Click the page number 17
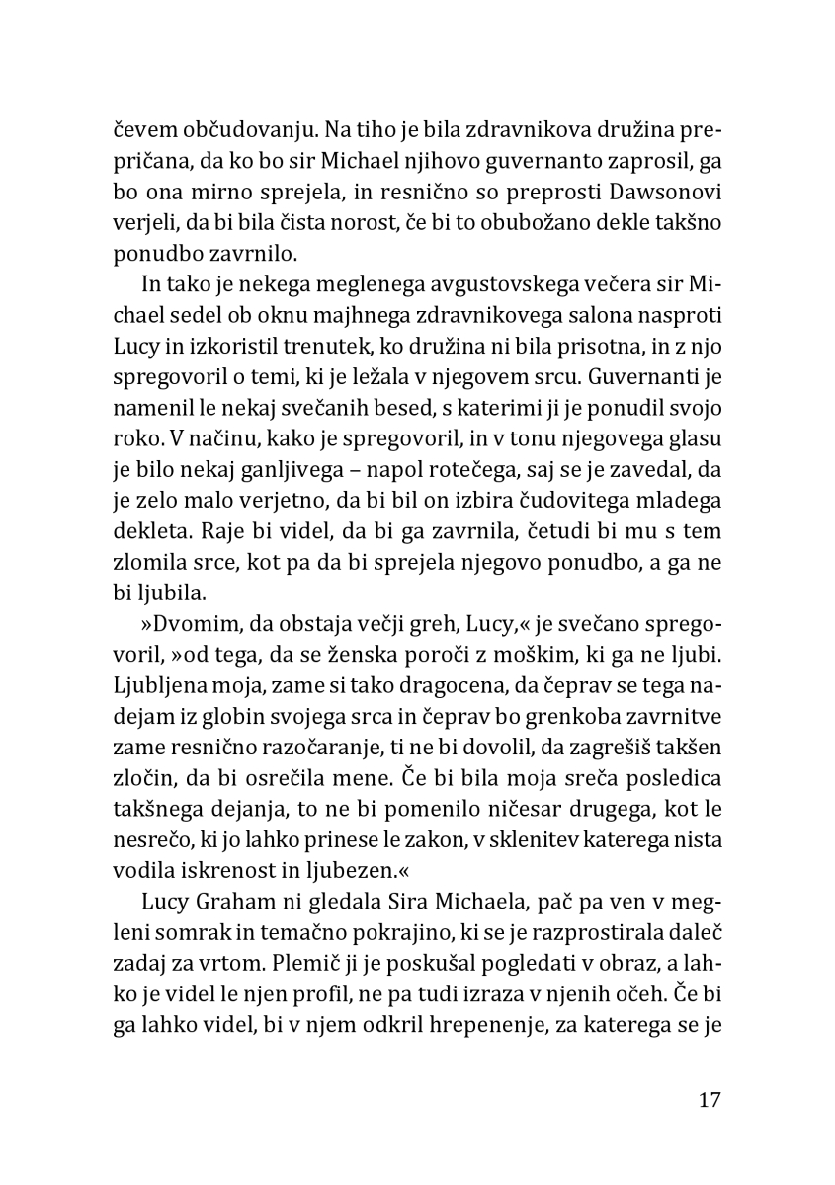point(709,1100)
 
